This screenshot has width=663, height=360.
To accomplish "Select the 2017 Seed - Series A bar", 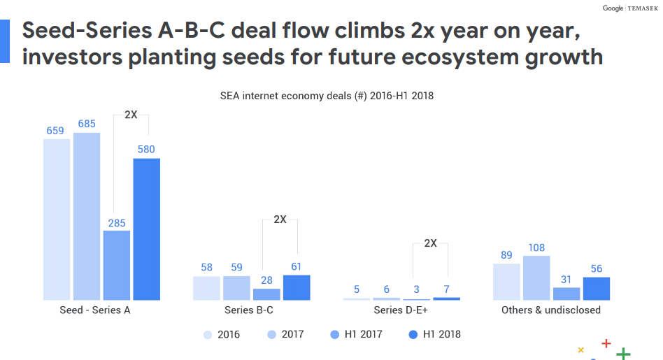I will (x=87, y=216).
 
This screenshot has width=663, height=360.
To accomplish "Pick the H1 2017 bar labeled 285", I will (x=117, y=265).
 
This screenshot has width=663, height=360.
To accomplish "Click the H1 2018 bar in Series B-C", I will (x=297, y=287).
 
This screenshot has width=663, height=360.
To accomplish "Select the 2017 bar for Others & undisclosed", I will (x=536, y=278).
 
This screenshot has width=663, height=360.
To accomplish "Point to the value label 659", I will (x=56, y=130).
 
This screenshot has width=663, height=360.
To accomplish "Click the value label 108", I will (x=536, y=247).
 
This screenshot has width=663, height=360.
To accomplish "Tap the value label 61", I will (x=297, y=266).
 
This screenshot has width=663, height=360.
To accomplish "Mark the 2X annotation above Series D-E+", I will (x=430, y=243).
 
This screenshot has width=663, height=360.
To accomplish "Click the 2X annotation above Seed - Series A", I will (x=131, y=115).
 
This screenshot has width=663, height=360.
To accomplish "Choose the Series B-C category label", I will (x=249, y=310).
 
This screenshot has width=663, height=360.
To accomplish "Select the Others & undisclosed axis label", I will (x=551, y=310).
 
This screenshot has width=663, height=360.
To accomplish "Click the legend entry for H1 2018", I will (x=434, y=334).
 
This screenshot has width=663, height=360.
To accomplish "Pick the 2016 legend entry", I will (x=221, y=334).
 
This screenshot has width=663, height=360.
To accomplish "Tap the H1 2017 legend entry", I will (x=356, y=334).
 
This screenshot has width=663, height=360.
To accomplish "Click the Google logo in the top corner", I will (x=613, y=8).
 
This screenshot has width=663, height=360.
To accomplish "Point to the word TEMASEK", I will (x=643, y=8).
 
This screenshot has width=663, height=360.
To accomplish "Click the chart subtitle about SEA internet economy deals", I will (x=327, y=96).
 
